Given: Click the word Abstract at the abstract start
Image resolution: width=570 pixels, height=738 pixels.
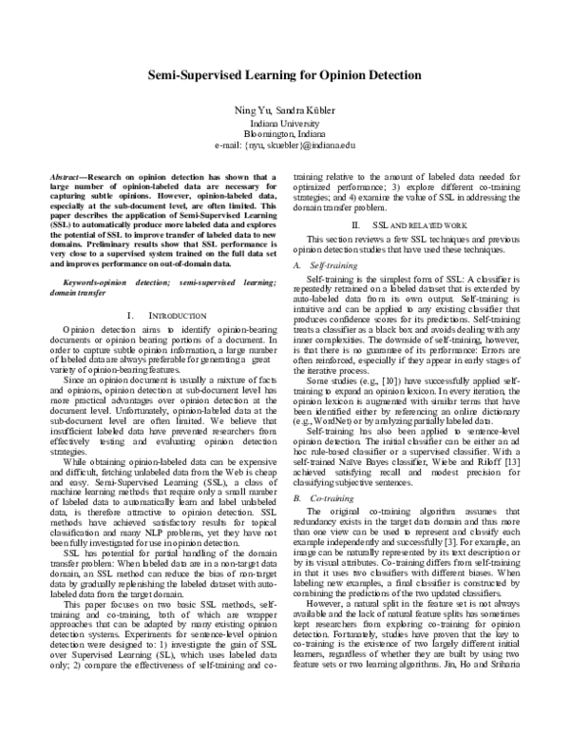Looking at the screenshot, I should pyautogui.click(x=66, y=178).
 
